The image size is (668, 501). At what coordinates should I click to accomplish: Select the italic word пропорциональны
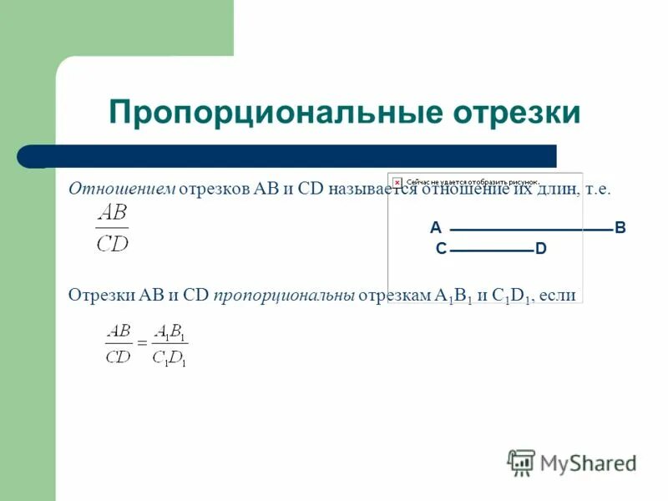(x=285, y=295)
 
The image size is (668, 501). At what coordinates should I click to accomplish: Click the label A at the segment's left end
(x=435, y=228)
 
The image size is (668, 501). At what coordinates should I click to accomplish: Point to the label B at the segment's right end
(x=620, y=228)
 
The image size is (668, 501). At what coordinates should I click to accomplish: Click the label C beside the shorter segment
(x=440, y=249)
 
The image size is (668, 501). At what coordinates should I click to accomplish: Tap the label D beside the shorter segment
(x=541, y=249)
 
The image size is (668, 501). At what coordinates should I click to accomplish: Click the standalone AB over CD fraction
(x=113, y=229)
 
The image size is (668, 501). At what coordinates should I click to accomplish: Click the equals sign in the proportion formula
(x=142, y=343)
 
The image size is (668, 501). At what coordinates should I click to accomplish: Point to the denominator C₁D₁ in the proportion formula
(x=170, y=357)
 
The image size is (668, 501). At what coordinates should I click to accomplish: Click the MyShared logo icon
(x=521, y=462)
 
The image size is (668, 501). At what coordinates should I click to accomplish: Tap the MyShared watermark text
(x=589, y=463)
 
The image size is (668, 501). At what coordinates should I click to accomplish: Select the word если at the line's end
(x=559, y=295)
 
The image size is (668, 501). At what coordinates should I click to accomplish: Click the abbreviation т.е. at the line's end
(x=598, y=190)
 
